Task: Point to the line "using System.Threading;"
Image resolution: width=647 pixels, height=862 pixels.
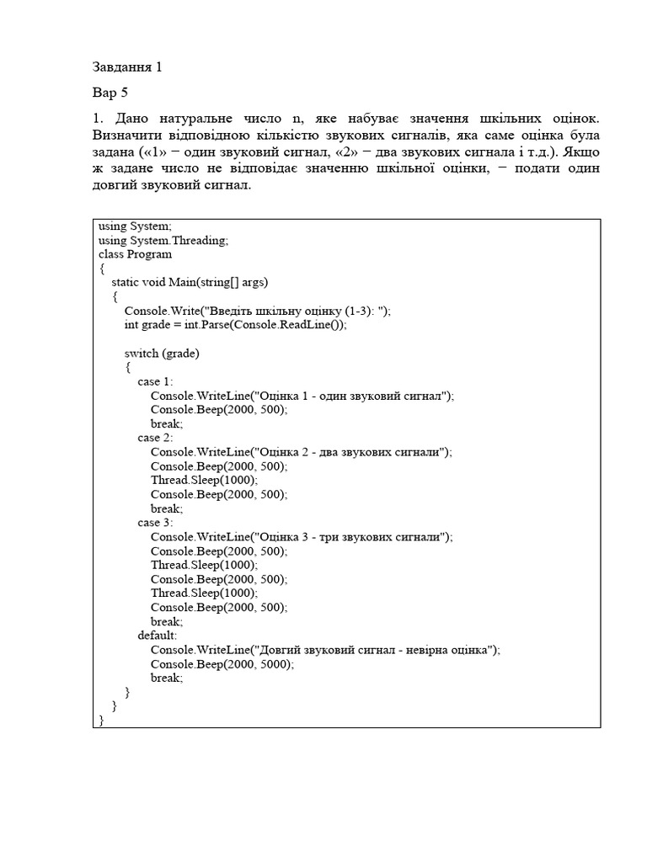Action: [x=163, y=240]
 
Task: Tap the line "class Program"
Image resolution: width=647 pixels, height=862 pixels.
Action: [x=135, y=254]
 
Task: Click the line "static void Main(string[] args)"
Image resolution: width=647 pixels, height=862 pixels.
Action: [x=190, y=283]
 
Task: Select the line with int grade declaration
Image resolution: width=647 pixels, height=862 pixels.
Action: [x=235, y=325]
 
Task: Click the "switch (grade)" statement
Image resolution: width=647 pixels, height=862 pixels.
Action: [x=162, y=354]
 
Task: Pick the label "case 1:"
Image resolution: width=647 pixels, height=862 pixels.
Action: [x=155, y=381]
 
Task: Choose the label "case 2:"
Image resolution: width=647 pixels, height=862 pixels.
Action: [x=155, y=438]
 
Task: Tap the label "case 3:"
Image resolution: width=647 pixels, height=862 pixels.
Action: [x=155, y=523]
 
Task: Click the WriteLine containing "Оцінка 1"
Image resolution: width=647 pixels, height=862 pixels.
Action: [x=302, y=396]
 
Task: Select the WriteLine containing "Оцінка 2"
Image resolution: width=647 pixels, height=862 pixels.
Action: [x=302, y=452]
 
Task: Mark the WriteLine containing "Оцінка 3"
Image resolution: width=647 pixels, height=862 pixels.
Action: [x=302, y=537]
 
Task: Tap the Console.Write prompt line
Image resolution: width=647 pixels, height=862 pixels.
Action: [x=258, y=311]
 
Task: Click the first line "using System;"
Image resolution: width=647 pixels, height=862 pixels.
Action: [x=135, y=226]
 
